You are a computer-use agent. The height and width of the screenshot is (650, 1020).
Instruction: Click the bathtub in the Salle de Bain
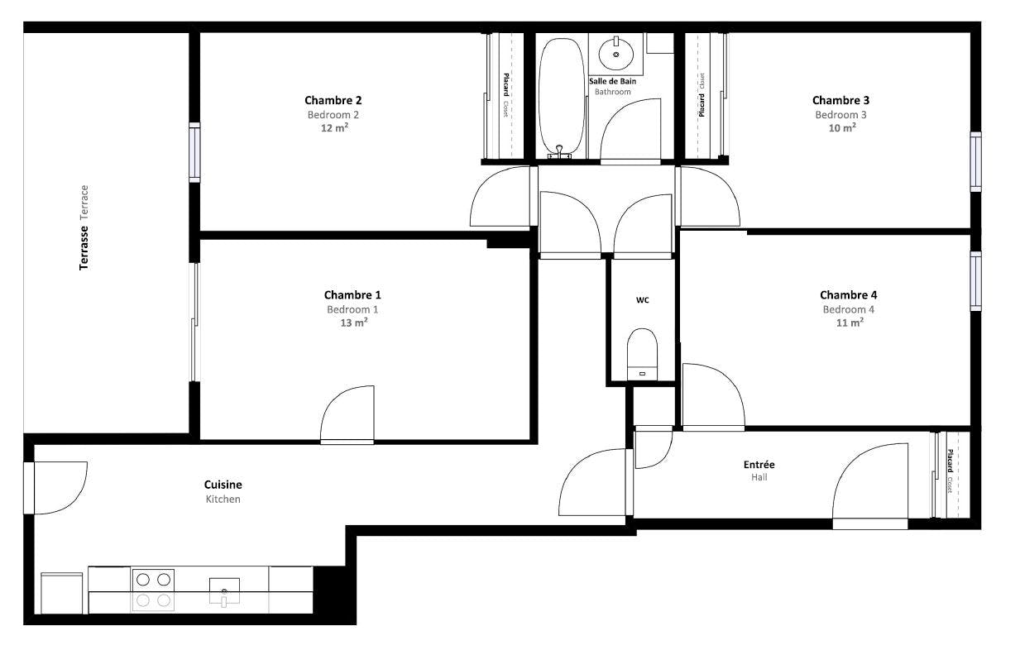click(x=562, y=95)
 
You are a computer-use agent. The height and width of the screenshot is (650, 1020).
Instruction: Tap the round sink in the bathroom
click(x=616, y=54)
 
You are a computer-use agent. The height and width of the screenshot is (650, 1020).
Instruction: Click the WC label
click(x=642, y=300)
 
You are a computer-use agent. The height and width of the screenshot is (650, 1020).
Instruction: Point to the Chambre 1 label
click(x=352, y=295)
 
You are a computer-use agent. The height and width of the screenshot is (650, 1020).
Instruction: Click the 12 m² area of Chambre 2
click(x=334, y=128)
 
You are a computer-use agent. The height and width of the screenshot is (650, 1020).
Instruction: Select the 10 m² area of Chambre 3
click(x=841, y=128)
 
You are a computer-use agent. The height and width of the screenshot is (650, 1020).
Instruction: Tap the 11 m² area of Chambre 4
click(x=850, y=323)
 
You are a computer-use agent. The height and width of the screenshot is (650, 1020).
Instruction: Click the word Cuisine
click(x=223, y=485)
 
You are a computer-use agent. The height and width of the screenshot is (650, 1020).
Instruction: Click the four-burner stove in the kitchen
click(x=153, y=590)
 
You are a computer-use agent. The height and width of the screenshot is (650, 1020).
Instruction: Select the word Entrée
click(x=759, y=465)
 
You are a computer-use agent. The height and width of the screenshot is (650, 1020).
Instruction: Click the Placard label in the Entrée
click(x=950, y=461)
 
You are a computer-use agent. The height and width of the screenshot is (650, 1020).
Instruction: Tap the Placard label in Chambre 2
click(x=505, y=84)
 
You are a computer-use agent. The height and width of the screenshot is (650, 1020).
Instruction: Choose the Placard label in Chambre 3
click(x=702, y=104)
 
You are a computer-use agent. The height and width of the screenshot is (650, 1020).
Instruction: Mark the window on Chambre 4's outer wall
click(x=975, y=281)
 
